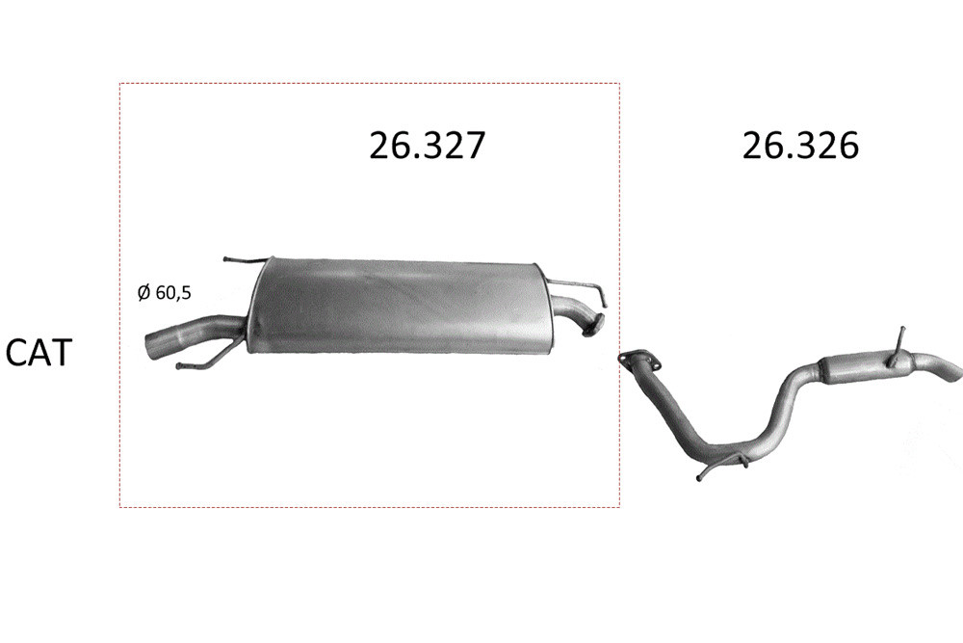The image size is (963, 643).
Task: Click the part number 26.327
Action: [427, 146]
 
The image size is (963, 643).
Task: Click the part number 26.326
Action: [800, 146]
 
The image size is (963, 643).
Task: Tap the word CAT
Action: [39, 352]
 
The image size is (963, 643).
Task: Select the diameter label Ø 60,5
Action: [164, 293]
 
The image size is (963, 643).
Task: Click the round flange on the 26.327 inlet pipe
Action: [592, 327]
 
